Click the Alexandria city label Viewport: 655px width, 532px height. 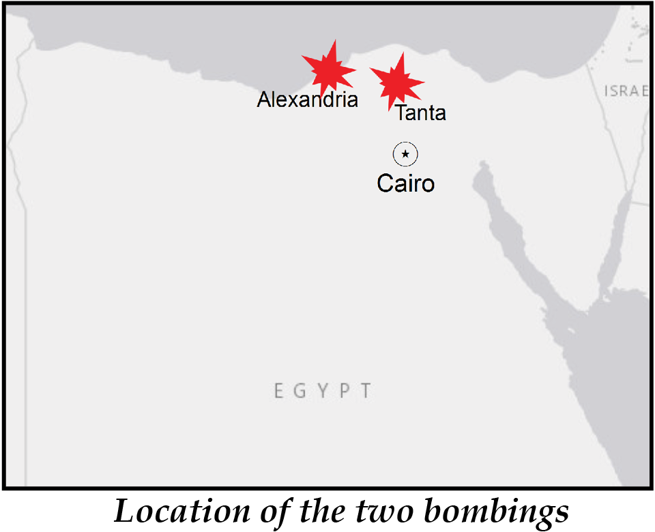click(x=307, y=100)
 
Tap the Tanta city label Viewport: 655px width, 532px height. click(x=420, y=113)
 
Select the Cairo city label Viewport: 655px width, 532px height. click(x=405, y=183)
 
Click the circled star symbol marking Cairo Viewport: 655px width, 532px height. click(x=405, y=155)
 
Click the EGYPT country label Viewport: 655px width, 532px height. click(x=323, y=391)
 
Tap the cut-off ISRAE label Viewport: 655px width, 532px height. click(x=626, y=91)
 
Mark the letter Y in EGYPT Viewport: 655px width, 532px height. click(x=323, y=391)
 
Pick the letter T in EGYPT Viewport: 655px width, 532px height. click(x=366, y=391)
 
